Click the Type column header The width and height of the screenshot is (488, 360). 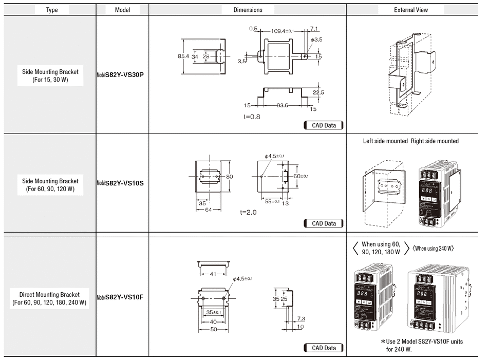[x=52, y=10]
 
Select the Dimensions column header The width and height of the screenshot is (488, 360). [x=248, y=10]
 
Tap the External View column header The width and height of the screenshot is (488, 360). [x=411, y=10]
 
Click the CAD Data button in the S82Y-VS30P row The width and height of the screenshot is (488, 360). [x=324, y=125]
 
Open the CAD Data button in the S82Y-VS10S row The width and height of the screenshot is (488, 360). [x=324, y=223]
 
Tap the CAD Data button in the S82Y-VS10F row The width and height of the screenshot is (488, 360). [x=324, y=348]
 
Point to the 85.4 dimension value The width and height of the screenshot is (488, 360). [x=183, y=56]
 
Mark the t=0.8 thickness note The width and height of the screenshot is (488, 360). [x=252, y=117]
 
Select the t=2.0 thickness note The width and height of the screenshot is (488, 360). [x=248, y=212]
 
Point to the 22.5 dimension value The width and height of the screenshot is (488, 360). [x=318, y=92]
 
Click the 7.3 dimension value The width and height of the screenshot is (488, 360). [x=301, y=318]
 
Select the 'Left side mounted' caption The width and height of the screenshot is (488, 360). [x=385, y=141]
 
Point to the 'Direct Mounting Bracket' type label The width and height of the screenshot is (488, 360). [x=49, y=295]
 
